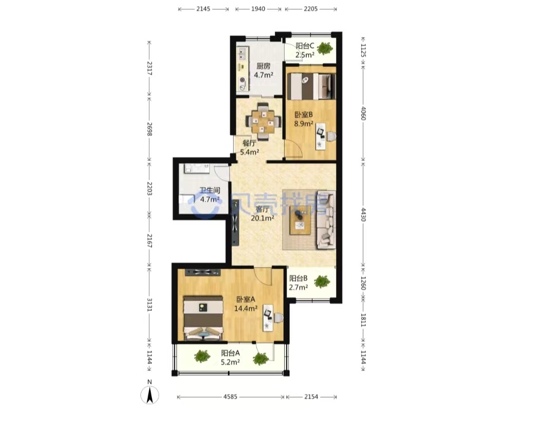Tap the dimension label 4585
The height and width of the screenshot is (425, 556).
(x=230, y=397)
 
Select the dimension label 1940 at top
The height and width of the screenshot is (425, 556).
(x=258, y=9)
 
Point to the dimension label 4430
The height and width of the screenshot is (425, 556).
(x=363, y=215)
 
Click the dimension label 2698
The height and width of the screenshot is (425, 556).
(x=149, y=129)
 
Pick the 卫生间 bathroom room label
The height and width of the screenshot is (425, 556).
(x=210, y=190)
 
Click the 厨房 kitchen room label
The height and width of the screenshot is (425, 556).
(x=264, y=66)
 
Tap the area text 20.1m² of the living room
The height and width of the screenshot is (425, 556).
(x=263, y=218)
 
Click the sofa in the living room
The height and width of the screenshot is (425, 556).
(x=326, y=220)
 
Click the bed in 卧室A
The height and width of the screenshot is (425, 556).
(x=203, y=318)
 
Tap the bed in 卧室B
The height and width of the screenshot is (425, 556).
(x=311, y=86)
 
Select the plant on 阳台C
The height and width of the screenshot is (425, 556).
(x=324, y=48)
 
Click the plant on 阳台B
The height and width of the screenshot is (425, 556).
(x=322, y=281)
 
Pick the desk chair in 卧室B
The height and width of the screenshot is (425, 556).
(x=331, y=136)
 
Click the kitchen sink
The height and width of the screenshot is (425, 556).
(x=242, y=54)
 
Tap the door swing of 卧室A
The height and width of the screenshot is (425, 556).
(x=263, y=276)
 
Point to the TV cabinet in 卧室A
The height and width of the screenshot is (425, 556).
(x=202, y=272)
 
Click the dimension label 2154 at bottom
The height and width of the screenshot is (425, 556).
(x=311, y=397)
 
